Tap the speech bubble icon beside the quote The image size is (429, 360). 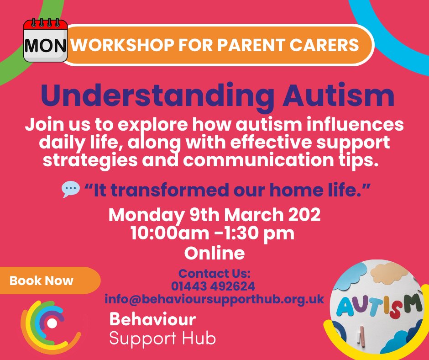point(70,189)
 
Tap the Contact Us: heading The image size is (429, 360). point(214,274)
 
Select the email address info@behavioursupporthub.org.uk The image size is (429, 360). point(214,299)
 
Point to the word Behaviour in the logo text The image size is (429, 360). point(152,318)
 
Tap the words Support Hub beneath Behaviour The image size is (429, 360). point(162,339)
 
